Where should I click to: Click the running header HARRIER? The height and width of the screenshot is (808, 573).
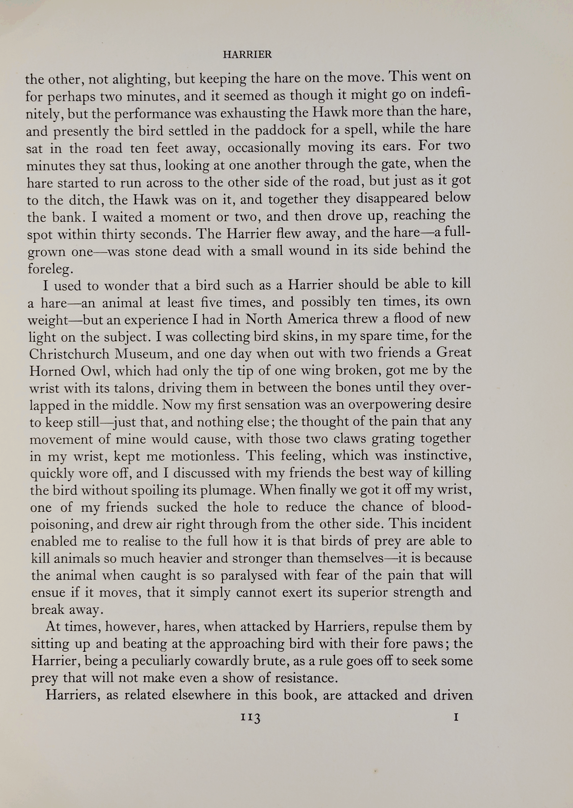tap(247, 54)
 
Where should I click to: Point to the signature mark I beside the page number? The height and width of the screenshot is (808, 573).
tap(457, 717)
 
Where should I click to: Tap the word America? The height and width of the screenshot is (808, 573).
tap(310, 319)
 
